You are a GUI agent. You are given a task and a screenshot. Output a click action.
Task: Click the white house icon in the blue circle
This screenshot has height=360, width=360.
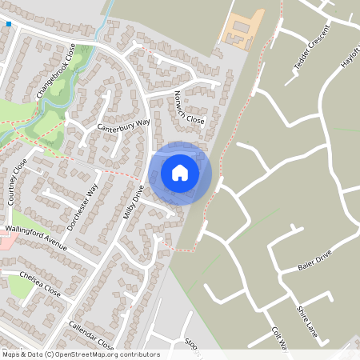click(180, 172)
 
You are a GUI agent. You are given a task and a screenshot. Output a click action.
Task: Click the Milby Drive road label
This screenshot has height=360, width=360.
click(133, 200)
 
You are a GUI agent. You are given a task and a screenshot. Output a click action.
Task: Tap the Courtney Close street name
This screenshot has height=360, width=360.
click(18, 182)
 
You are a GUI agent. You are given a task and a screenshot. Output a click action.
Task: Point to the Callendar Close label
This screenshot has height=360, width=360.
click(91, 334)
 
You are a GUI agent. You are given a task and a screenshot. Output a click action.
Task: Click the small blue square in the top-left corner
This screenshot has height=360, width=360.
click(9, 24)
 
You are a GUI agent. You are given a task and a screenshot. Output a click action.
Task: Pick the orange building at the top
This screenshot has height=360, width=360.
click(239, 27)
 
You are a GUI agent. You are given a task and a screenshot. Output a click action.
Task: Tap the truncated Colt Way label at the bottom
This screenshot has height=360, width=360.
click(278, 338)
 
